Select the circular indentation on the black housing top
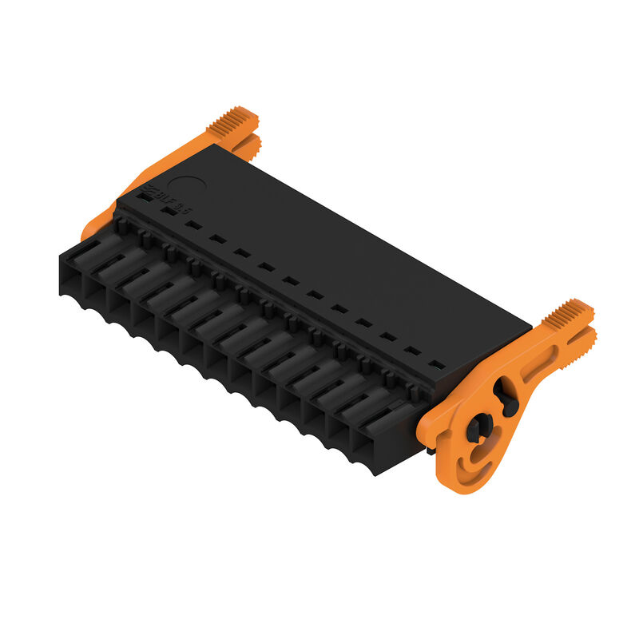point(185,187)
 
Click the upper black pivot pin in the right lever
point(505,395)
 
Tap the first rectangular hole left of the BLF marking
point(145,195)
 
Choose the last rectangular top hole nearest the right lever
point(436,365)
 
